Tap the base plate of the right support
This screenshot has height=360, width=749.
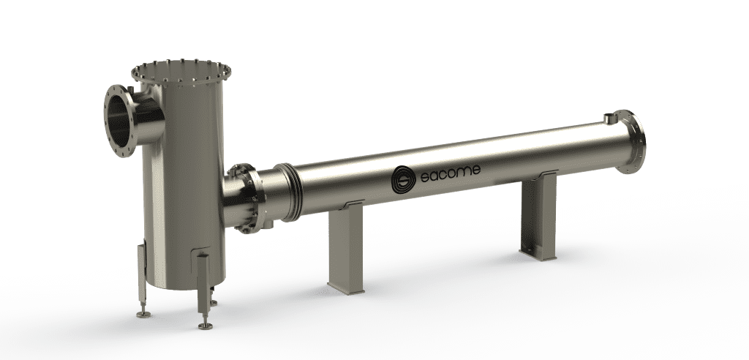[539, 253]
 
